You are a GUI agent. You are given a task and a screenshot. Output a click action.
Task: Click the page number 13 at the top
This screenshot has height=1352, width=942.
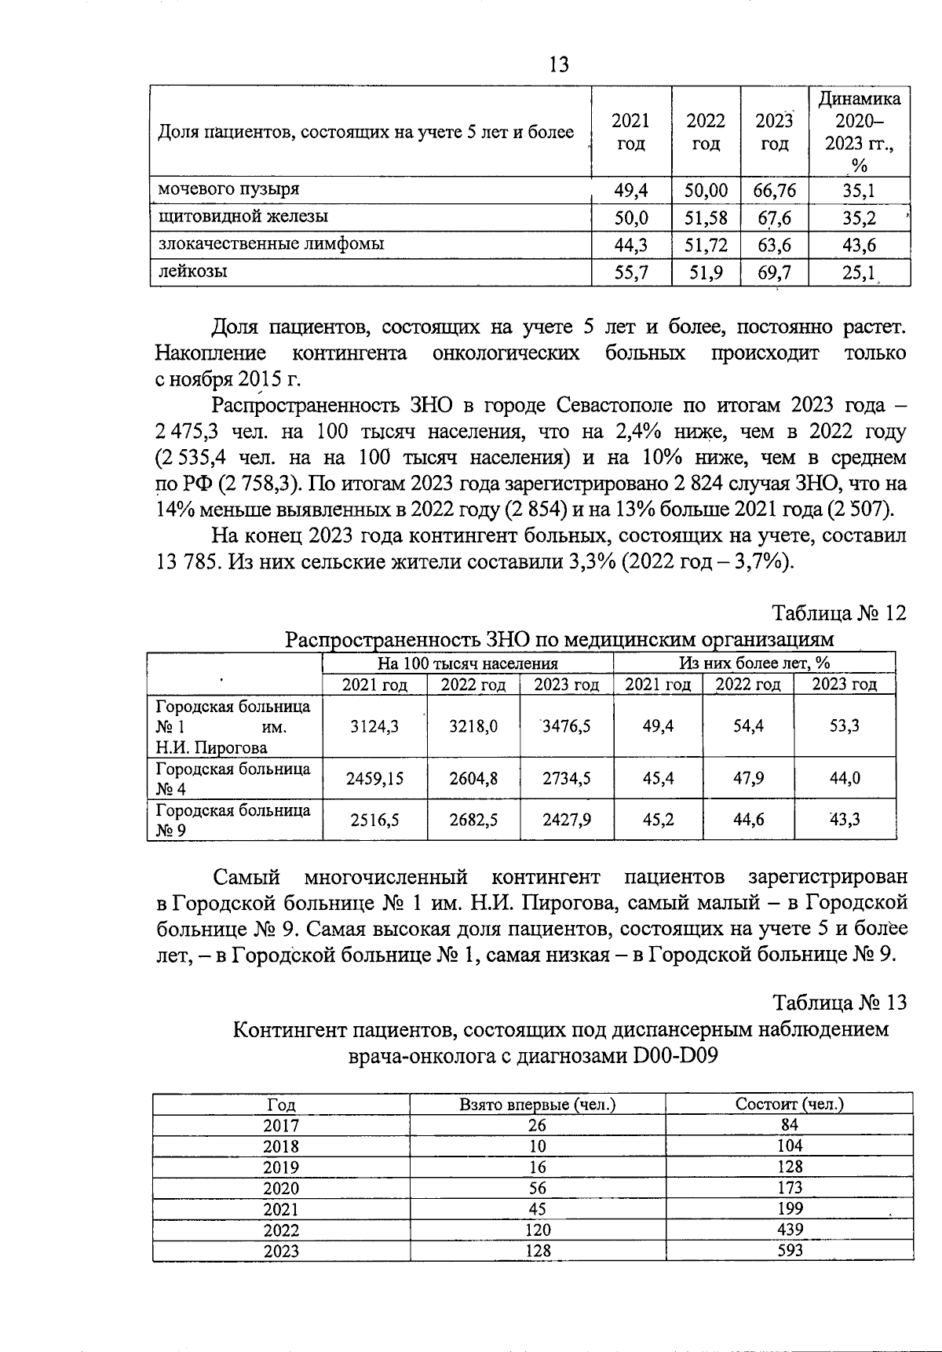click(560, 64)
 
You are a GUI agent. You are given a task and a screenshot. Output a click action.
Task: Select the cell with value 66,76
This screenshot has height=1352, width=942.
click(775, 190)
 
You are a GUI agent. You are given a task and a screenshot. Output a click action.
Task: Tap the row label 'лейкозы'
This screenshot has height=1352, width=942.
click(194, 272)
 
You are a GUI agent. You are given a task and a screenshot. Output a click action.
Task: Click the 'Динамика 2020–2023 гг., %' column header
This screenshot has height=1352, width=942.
click(860, 131)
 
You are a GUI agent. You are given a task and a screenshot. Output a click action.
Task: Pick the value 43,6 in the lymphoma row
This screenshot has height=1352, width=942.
click(860, 245)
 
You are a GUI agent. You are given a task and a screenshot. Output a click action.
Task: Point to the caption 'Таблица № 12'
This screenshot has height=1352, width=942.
click(840, 612)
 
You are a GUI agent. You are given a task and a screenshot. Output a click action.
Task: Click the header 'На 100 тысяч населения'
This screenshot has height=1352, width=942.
click(468, 663)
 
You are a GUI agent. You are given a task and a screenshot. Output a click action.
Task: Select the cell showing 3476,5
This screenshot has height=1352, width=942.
click(567, 726)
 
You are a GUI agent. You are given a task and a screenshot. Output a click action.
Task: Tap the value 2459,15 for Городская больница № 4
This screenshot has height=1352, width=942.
click(374, 778)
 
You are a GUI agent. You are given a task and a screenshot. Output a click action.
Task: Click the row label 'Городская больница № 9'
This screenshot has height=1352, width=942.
click(233, 820)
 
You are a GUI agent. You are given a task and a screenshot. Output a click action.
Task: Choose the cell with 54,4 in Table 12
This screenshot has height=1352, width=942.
click(748, 726)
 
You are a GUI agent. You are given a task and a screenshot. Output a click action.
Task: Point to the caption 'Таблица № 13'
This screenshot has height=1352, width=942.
click(840, 1003)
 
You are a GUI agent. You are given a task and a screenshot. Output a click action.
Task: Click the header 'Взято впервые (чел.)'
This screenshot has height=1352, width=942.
click(537, 1104)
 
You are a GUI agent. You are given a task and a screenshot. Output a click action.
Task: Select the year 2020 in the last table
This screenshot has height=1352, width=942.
click(281, 1189)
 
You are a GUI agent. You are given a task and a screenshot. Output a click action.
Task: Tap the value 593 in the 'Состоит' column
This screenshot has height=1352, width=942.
click(789, 1250)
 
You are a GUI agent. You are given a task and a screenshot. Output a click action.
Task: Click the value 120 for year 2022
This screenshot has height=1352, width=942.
click(537, 1230)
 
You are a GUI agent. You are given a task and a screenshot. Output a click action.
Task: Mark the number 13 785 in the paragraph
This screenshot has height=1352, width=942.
click(188, 563)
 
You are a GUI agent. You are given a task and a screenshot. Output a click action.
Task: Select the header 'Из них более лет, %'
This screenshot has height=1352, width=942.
click(754, 663)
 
